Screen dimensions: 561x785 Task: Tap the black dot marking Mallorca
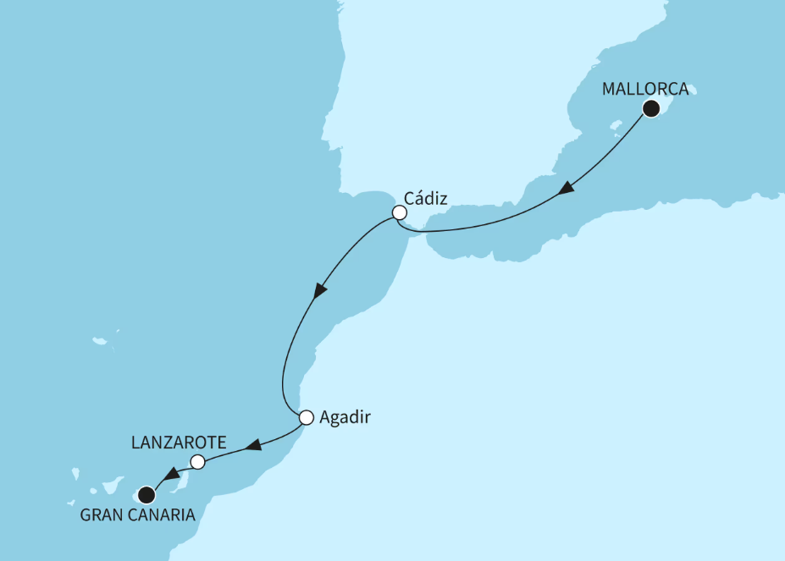[651, 107]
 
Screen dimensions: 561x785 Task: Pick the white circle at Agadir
[307, 416]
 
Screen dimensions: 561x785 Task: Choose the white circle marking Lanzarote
[197, 462]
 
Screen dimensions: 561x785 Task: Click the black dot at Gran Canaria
[146, 494]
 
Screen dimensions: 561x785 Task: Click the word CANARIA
[168, 515]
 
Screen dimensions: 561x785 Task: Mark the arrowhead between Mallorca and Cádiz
[567, 192]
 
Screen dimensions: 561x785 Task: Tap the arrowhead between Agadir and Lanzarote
[252, 445]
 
